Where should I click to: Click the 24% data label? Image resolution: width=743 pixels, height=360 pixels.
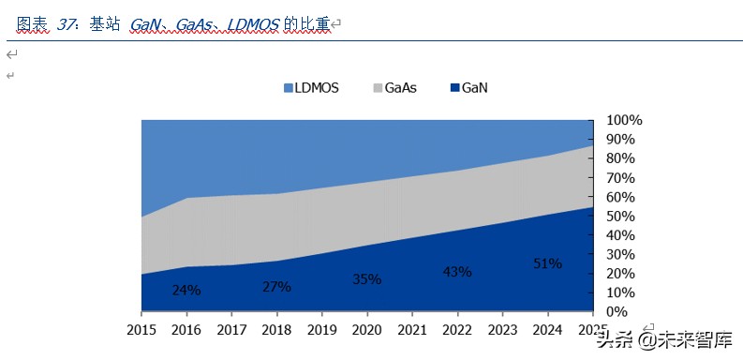click(186, 291)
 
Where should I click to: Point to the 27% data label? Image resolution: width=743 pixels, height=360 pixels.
click(276, 286)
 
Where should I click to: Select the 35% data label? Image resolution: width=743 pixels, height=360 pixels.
click(366, 279)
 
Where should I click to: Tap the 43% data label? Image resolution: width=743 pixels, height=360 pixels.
click(456, 272)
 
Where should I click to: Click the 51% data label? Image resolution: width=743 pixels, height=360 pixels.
click(546, 263)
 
